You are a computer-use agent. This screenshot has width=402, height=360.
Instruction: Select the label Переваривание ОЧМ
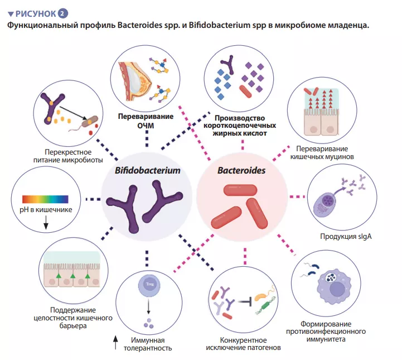[x=146, y=121]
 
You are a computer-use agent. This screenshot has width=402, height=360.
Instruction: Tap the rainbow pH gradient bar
[x=45, y=199]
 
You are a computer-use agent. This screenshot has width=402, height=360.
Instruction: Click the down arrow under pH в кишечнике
[x=46, y=224]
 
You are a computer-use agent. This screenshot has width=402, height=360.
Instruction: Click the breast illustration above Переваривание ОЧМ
[x=132, y=78]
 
